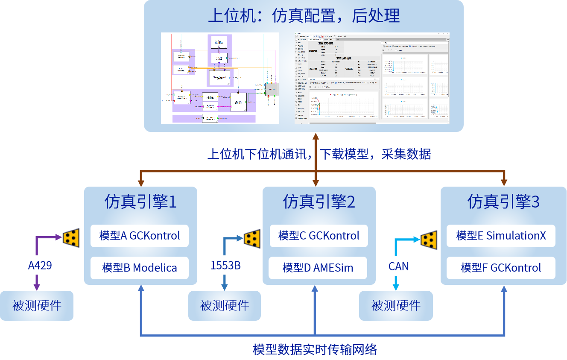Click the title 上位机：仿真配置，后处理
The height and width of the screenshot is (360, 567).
point(304,16)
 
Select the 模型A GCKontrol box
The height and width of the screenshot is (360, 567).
point(140,236)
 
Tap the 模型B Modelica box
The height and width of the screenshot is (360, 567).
point(140,268)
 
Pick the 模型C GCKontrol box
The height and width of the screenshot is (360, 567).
point(319,236)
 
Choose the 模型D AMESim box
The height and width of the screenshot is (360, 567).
point(319,268)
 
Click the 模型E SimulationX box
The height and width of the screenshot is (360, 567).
point(501,236)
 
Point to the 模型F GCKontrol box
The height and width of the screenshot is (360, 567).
point(501,268)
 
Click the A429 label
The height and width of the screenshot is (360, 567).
point(40,265)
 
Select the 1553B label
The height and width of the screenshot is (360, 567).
point(225,265)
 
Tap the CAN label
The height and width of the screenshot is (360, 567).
point(398,266)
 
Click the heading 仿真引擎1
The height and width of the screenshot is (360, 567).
point(140,202)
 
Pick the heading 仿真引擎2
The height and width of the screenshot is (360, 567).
point(319,202)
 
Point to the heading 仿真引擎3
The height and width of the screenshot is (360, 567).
point(503,202)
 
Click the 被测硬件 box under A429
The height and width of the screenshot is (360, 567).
point(37,306)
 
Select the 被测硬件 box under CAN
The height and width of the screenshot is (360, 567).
point(396,306)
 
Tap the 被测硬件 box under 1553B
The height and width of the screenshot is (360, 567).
point(225,306)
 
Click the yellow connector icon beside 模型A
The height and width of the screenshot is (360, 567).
point(71,237)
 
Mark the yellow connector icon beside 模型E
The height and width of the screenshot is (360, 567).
point(429,240)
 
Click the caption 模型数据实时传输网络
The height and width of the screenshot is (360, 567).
point(315,349)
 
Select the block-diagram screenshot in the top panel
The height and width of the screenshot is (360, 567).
point(220,78)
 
